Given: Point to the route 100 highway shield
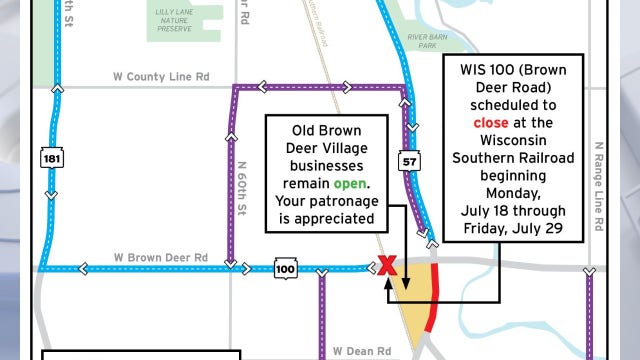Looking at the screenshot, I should click(285, 269).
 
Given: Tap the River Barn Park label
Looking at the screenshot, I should click(428, 41).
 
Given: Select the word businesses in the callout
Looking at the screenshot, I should click(320, 166).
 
